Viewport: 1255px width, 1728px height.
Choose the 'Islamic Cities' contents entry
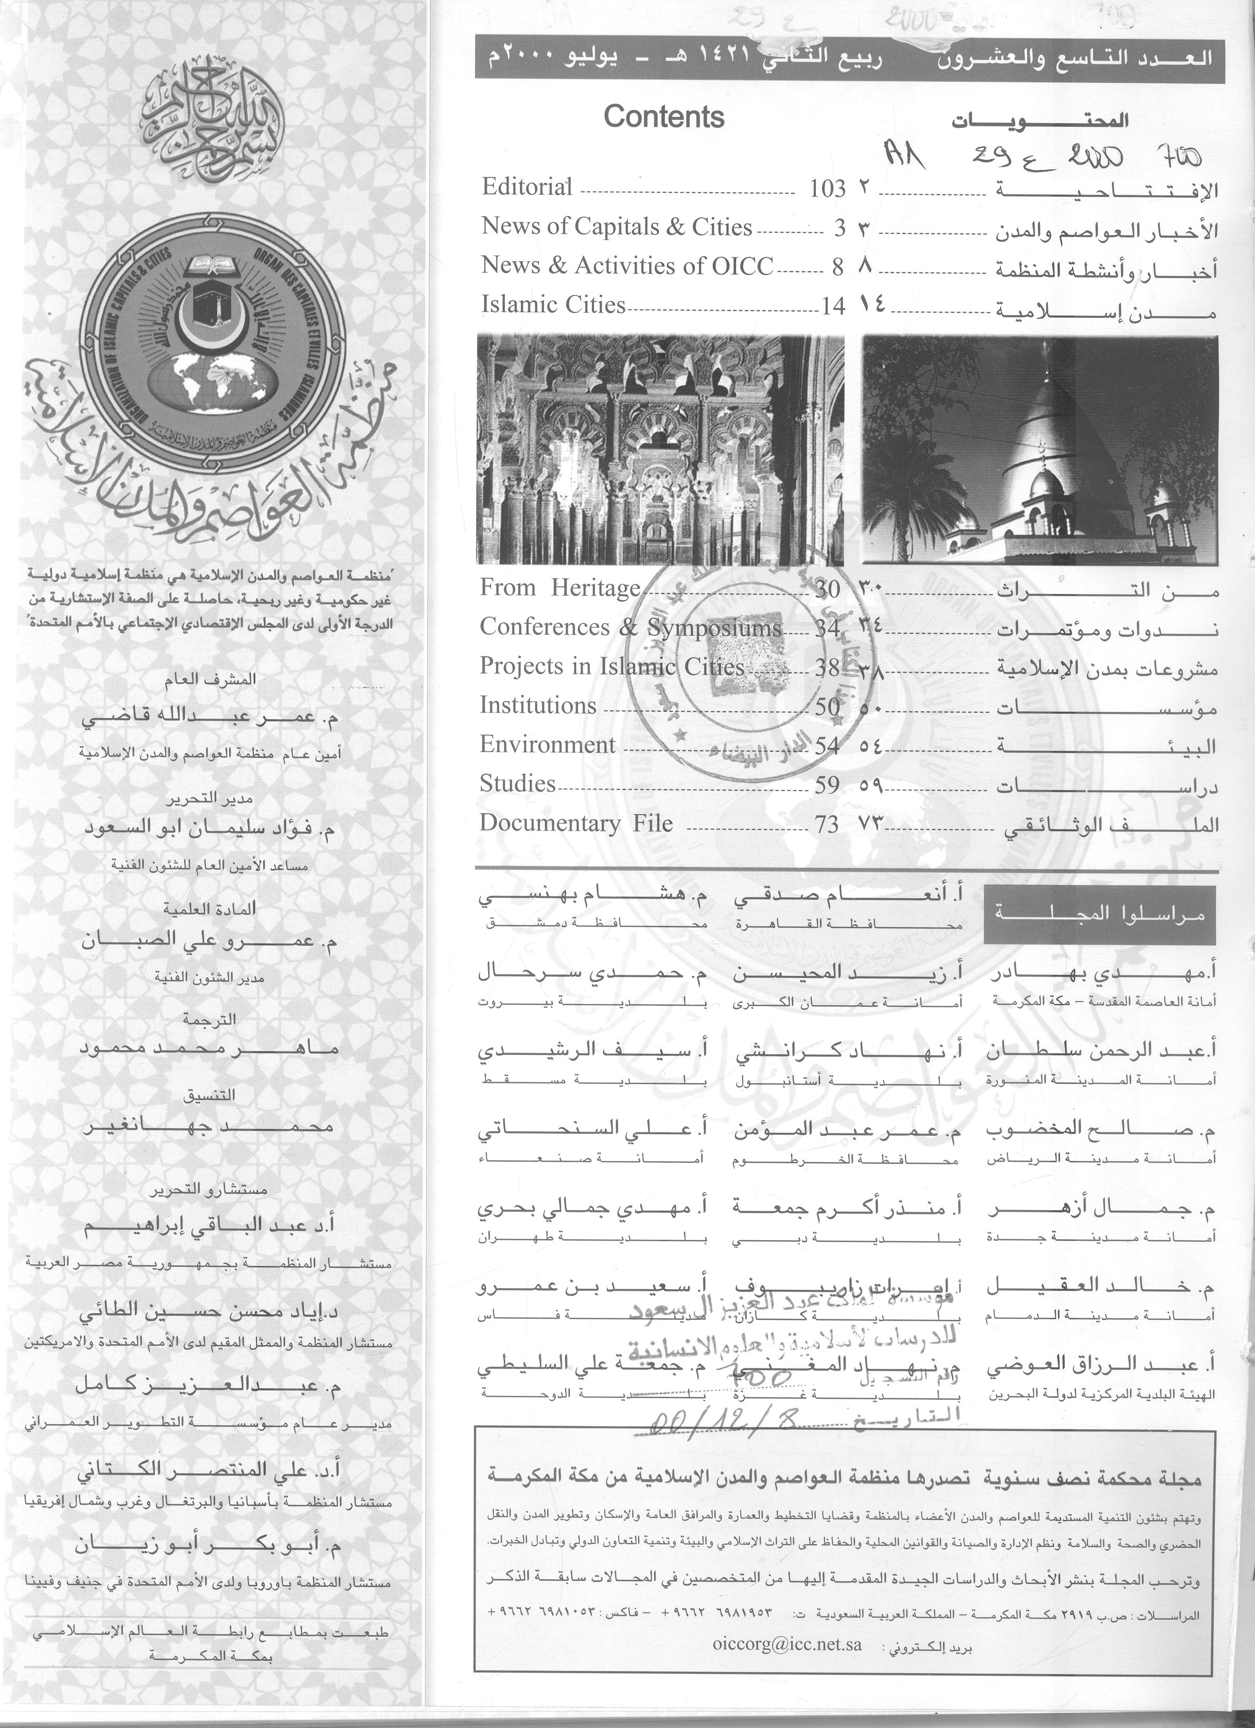pyautogui.click(x=553, y=305)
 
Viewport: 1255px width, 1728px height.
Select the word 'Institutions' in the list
pyautogui.click(x=538, y=706)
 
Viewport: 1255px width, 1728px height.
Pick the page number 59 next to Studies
pyautogui.click(x=826, y=785)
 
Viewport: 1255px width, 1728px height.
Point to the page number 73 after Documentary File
pyautogui.click(x=826, y=824)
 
